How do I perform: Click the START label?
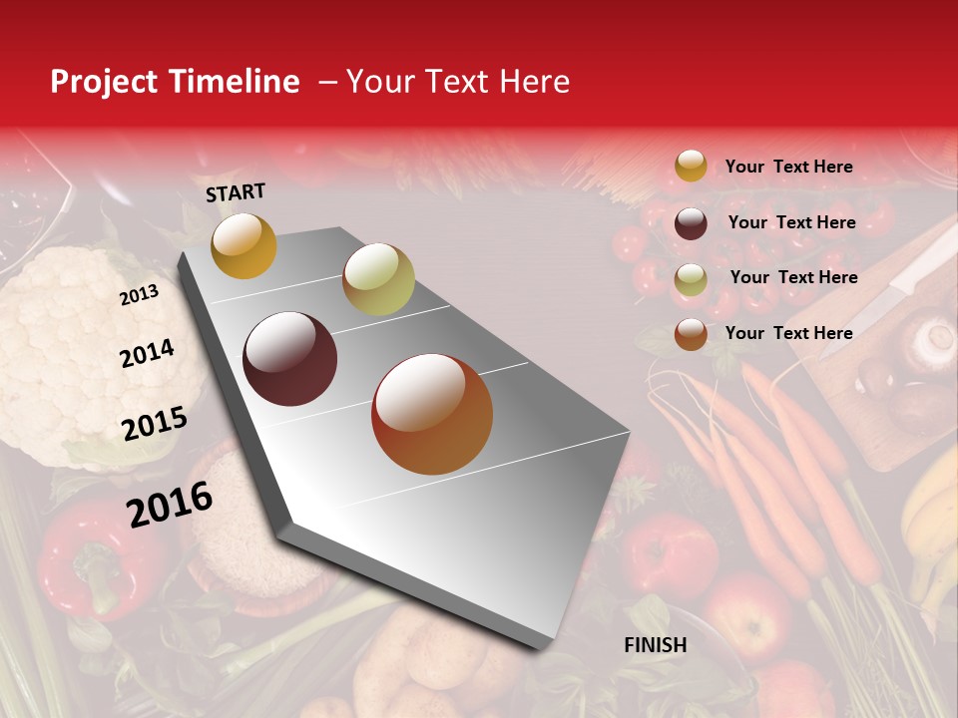236,192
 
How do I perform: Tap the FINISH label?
655,645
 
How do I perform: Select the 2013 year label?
139,295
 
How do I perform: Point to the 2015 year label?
155,424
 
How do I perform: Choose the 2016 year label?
170,505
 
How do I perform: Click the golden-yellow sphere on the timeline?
243,245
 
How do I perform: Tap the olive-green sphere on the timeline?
378,279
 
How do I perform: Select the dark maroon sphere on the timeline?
290,359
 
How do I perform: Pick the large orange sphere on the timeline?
432,414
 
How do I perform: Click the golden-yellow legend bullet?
691,167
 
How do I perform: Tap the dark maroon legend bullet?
691,222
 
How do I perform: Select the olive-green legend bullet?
691,278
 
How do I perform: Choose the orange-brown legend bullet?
691,333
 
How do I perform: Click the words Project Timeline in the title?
175,82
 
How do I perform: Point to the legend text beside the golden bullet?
788,167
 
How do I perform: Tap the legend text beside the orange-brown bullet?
788,333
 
